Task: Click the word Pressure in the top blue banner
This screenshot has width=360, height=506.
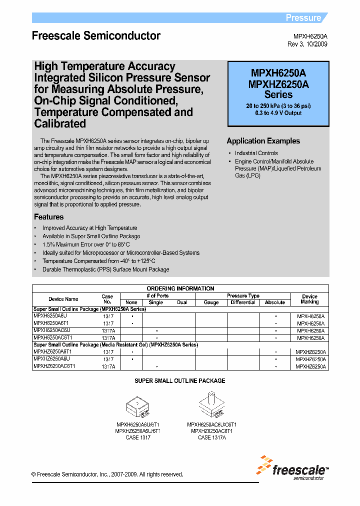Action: click(303, 18)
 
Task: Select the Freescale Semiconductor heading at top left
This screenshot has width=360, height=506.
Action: click(96, 36)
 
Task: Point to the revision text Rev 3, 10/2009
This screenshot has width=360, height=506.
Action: click(307, 44)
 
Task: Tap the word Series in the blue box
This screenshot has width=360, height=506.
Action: click(278, 94)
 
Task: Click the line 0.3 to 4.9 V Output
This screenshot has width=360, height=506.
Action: click(278, 113)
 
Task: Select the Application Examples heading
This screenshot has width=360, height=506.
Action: click(263, 141)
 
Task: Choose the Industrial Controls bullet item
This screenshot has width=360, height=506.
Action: click(256, 153)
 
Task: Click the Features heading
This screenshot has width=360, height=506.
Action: click(48, 217)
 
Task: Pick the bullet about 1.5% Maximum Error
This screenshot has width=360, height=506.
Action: click(86, 244)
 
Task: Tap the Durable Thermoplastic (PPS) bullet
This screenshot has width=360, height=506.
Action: click(105, 269)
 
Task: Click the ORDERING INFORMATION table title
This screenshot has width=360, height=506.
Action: click(180, 288)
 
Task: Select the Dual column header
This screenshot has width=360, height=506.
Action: click(182, 302)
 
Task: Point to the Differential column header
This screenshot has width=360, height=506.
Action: click(243, 302)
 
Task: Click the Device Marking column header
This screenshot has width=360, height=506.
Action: click(309, 299)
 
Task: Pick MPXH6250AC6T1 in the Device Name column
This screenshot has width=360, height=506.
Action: click(52, 338)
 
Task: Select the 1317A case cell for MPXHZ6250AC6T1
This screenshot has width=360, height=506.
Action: click(108, 366)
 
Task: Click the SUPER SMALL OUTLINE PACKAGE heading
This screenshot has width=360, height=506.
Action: click(180, 381)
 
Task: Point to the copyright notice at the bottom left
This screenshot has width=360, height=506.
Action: click(107, 474)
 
